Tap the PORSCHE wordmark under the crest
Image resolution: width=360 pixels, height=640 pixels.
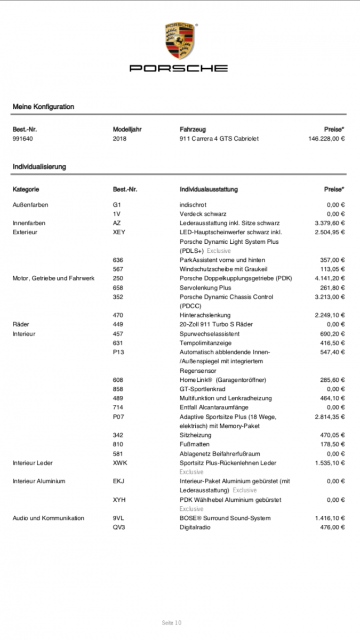(x=179, y=68)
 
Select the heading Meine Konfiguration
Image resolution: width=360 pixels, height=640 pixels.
(x=43, y=107)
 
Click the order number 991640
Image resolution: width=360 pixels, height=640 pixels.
(x=23, y=139)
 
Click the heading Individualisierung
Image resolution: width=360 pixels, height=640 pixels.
(x=39, y=167)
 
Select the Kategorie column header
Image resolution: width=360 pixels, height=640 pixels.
(x=26, y=189)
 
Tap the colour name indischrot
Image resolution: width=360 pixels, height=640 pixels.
(x=193, y=204)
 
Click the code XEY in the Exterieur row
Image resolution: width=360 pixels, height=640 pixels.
(x=119, y=232)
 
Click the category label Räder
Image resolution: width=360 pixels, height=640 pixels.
(x=21, y=324)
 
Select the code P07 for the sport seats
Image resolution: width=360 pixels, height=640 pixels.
(x=118, y=417)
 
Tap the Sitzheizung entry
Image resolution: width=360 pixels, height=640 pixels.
(x=195, y=435)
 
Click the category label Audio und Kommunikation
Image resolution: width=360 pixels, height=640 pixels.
(x=49, y=518)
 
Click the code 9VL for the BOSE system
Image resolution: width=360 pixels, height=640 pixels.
(x=118, y=518)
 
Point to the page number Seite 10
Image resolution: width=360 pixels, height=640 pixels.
(x=172, y=622)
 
